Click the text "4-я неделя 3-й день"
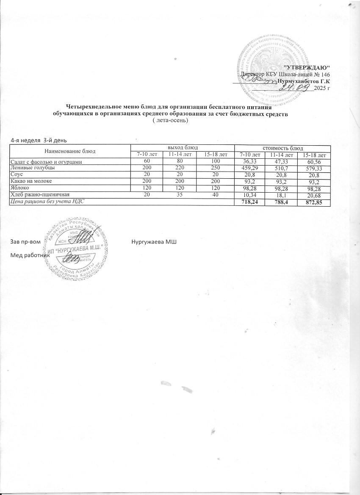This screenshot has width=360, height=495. [39, 140]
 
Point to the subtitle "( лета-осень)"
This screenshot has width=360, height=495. [169, 120]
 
